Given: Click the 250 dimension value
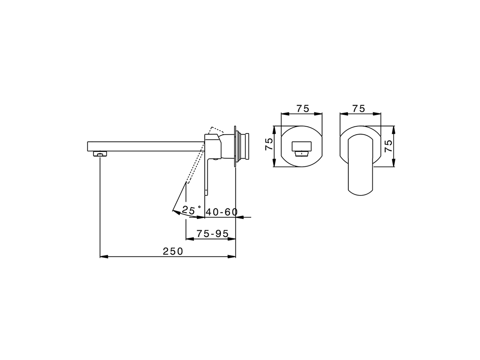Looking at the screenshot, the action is tap(172, 252).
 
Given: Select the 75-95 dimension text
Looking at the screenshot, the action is tap(212, 234).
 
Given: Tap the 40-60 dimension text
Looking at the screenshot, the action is tap(222, 212).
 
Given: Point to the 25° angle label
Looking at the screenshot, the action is tap(191, 210).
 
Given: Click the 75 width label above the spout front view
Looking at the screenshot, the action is tap(303, 109).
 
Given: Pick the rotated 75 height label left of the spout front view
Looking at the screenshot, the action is tap(269, 144).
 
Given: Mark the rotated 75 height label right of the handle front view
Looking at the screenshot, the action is tap(388, 146).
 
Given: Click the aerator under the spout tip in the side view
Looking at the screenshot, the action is tap(100, 154).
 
